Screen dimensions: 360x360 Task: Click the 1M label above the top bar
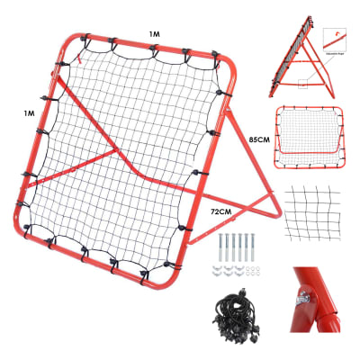(154, 33)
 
